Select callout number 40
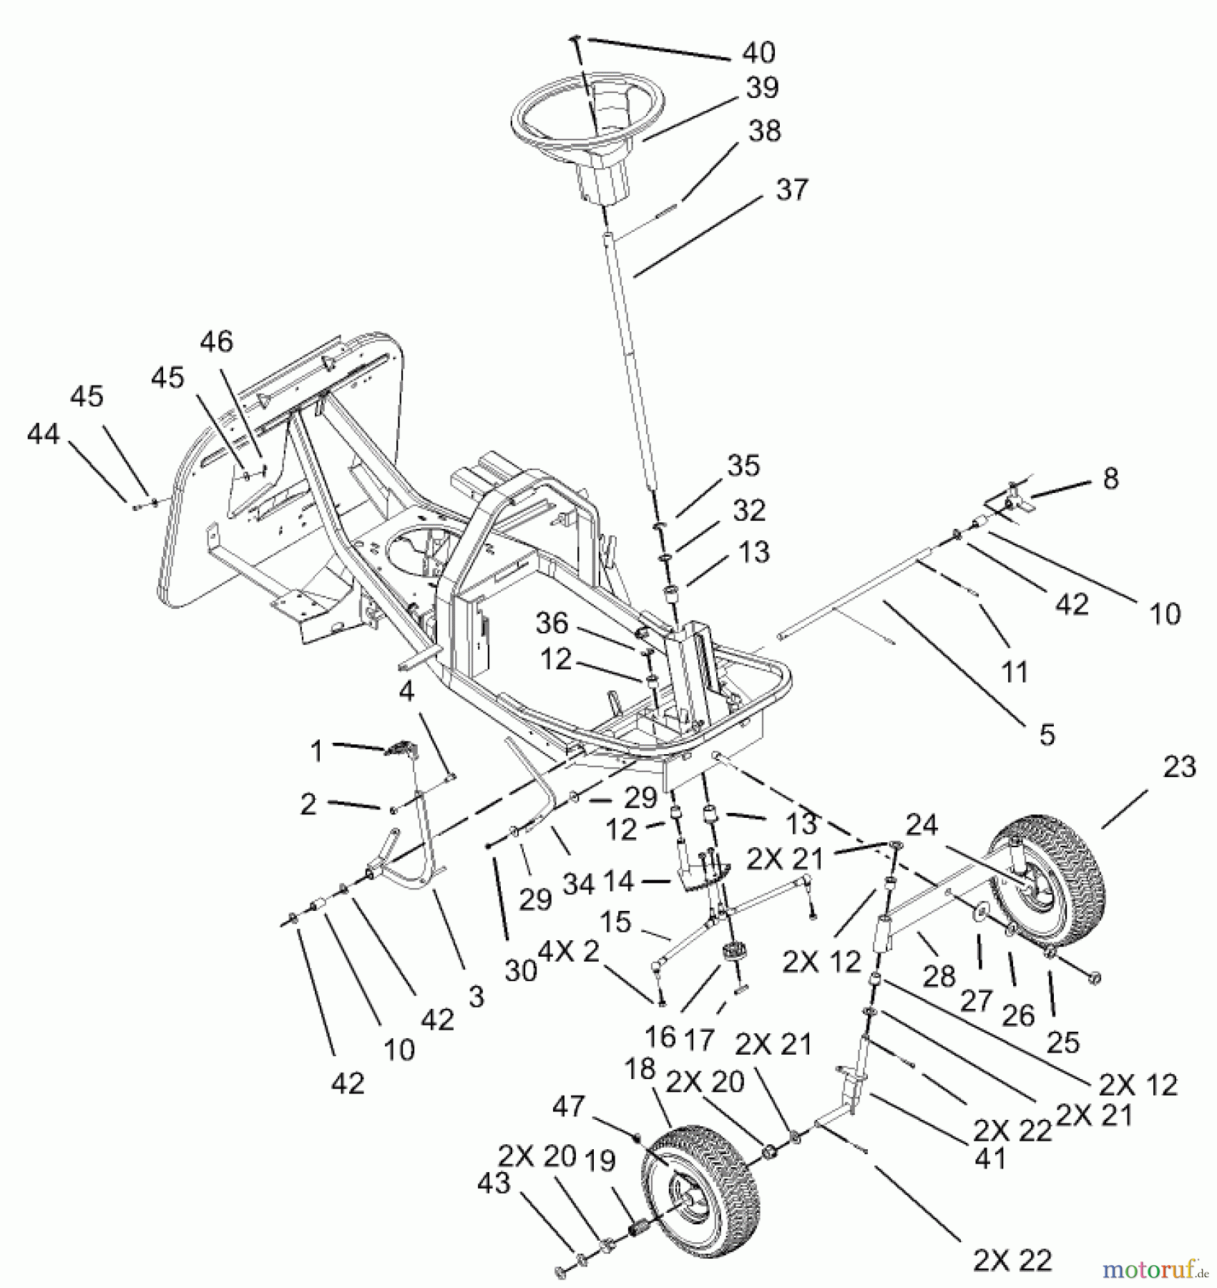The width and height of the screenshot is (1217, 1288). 758,52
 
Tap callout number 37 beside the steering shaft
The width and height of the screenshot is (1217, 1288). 791,190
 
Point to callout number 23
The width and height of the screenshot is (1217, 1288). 1179,767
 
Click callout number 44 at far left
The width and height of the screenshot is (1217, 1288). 43,434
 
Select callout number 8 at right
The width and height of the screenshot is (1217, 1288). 1110,479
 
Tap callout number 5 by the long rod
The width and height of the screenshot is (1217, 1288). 1047,734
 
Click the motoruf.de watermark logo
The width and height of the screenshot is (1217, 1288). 1152,1269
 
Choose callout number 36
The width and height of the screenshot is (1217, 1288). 552,623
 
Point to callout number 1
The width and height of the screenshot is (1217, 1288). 316,751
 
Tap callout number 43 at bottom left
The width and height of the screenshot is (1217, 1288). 494,1183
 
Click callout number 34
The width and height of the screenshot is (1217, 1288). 578,884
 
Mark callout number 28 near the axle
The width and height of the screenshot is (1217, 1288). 939,975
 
